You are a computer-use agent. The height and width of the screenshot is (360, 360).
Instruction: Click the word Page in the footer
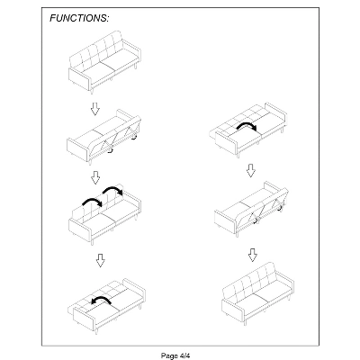[x=169, y=355]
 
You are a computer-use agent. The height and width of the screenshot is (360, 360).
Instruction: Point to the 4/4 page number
[x=184, y=355]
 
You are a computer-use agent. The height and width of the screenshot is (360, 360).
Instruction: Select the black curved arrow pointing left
[x=101, y=300]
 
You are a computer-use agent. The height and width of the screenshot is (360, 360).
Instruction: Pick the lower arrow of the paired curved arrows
[x=93, y=201]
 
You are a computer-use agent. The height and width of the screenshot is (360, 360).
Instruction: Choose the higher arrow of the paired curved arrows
[x=112, y=190]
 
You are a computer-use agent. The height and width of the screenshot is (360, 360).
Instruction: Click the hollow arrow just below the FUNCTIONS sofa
[x=95, y=109]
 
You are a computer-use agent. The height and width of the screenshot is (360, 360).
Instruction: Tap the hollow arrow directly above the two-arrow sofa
[x=95, y=177]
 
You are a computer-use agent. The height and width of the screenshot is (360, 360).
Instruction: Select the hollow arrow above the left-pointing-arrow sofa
[x=101, y=260]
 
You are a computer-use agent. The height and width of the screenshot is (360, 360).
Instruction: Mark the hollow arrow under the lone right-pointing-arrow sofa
[x=251, y=170]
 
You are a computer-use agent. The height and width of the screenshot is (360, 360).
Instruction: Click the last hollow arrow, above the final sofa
[x=253, y=255]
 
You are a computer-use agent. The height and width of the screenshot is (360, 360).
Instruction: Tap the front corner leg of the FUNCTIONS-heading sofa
[x=93, y=91]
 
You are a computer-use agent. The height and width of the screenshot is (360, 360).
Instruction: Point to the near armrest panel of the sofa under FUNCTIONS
[x=80, y=79]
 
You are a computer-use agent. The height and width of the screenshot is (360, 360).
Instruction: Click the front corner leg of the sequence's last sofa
[x=246, y=322]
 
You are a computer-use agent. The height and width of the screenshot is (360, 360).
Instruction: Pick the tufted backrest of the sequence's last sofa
[x=249, y=281]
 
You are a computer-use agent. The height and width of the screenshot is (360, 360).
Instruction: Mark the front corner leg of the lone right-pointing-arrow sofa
[x=239, y=155]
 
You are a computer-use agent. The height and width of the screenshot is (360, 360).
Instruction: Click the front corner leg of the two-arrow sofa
[x=93, y=242]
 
